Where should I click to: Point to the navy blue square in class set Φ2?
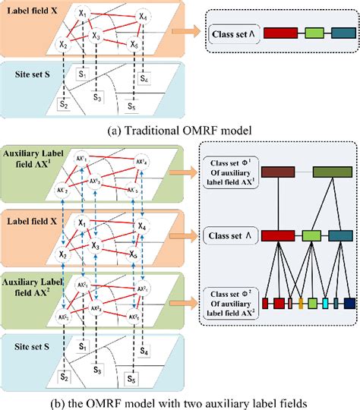click(x=349, y=304)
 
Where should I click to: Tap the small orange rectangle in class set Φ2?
click(x=302, y=304)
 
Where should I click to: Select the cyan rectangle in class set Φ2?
click(x=324, y=304)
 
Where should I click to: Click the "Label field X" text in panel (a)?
click(x=34, y=11)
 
